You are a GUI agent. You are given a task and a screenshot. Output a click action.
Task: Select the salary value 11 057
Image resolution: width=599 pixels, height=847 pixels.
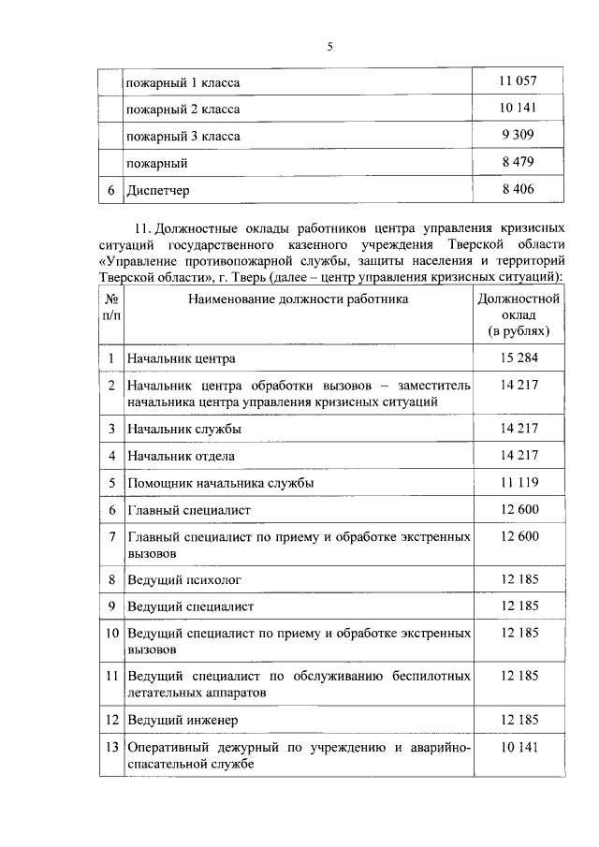tap(518, 82)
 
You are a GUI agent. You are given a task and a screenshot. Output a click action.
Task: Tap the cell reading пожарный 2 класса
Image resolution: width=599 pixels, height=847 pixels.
tap(183, 110)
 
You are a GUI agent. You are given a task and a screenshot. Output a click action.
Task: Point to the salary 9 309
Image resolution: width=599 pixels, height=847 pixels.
tap(518, 136)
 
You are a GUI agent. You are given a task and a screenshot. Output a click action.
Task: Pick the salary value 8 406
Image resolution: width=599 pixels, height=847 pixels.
tap(518, 189)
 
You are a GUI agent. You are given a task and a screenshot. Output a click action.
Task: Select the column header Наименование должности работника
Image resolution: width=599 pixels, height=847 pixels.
tap(298, 300)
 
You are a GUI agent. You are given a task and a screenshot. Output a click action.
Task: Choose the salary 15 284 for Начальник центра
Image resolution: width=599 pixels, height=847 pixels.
tap(518, 358)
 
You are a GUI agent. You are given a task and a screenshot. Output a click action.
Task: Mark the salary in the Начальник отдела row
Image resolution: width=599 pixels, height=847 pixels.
tap(518, 456)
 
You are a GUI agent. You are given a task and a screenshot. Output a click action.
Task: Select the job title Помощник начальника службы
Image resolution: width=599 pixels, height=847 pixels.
tap(220, 483)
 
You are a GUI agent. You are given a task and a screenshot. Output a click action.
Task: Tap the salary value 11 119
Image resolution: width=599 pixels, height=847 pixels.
tap(518, 482)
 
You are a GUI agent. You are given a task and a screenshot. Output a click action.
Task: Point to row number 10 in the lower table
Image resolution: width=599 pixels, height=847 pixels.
tap(110, 634)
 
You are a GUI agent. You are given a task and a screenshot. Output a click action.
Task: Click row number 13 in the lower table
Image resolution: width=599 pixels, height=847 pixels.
tap(110, 748)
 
